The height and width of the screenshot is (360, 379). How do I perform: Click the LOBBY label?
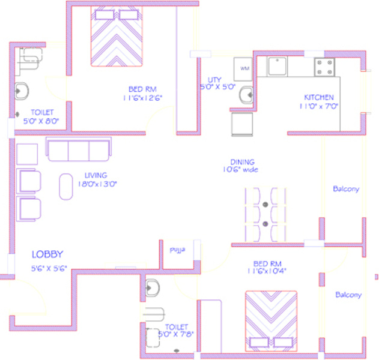point(47,254)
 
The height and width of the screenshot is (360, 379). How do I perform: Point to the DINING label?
point(242,162)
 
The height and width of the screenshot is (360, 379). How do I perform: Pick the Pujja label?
point(178,249)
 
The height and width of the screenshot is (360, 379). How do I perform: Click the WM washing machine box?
point(245,69)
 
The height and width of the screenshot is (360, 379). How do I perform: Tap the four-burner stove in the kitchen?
point(325,67)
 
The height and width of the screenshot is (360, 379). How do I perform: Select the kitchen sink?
point(277,67)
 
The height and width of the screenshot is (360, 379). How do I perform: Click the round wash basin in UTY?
point(246,94)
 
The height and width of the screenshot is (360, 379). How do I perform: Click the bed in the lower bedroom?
point(270,320)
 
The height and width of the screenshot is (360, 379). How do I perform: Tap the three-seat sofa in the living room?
point(79,150)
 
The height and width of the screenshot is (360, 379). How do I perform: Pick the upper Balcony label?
point(346,189)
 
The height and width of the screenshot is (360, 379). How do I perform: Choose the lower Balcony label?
point(348,295)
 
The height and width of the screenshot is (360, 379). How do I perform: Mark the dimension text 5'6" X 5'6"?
point(49,268)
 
